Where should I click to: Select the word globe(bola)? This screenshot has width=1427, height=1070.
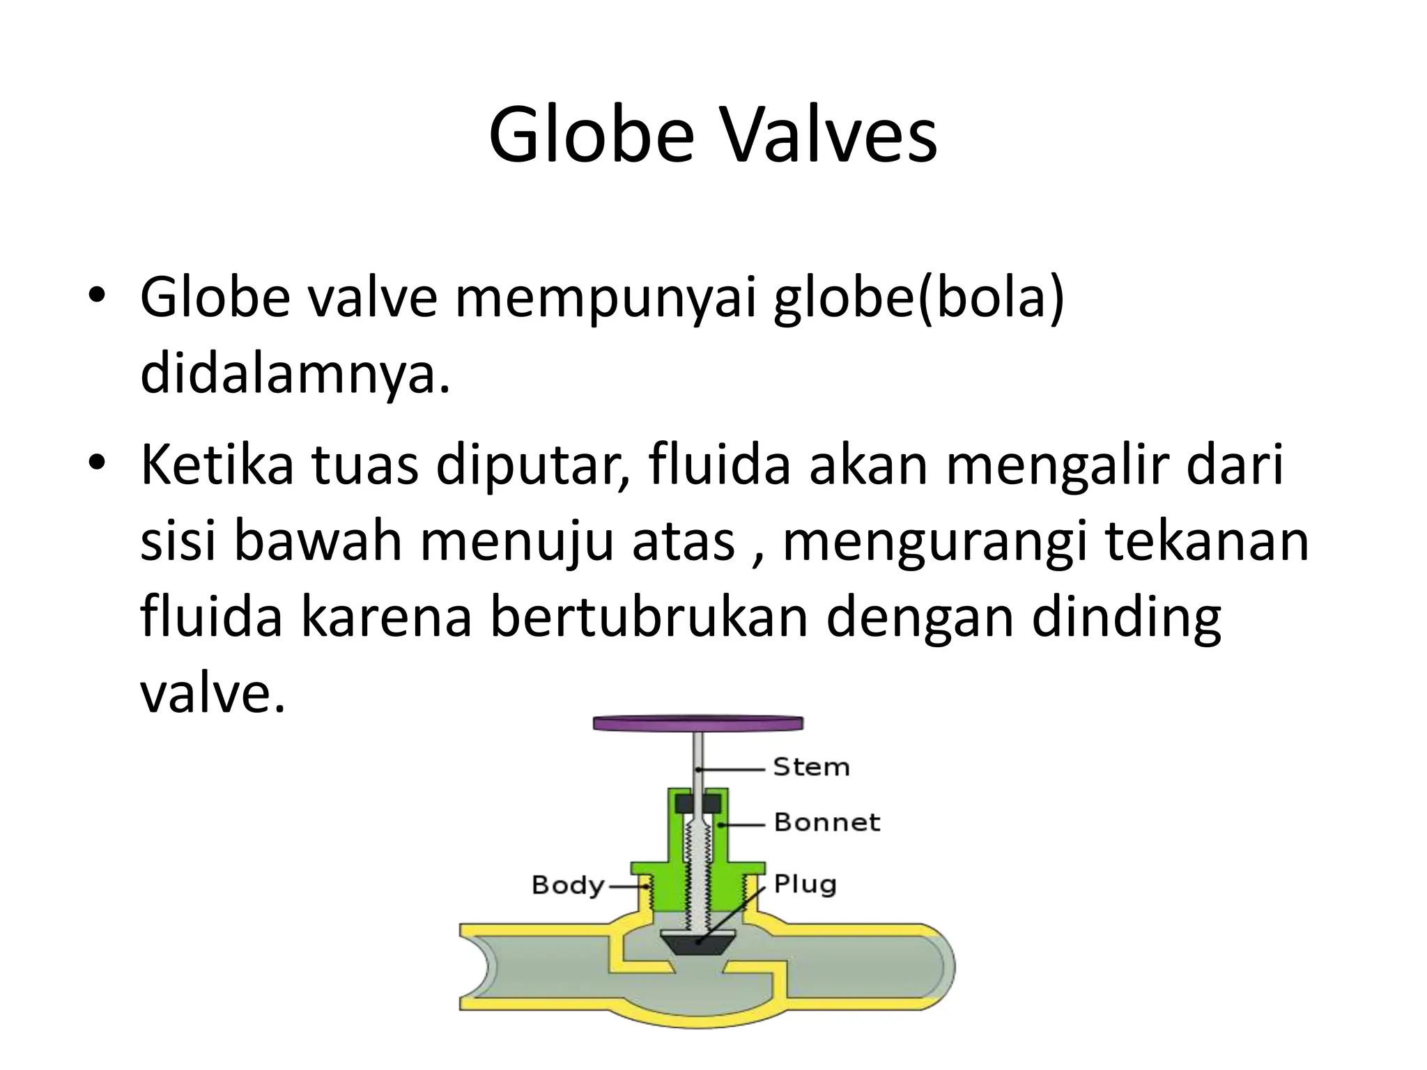[919, 298]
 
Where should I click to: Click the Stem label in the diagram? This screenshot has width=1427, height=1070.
[812, 767]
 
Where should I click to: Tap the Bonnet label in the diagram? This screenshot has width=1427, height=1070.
[827, 823]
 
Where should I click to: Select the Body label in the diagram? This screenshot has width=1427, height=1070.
[567, 885]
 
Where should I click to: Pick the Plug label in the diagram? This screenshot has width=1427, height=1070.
[805, 885]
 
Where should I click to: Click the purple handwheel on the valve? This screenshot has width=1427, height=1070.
[697, 724]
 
